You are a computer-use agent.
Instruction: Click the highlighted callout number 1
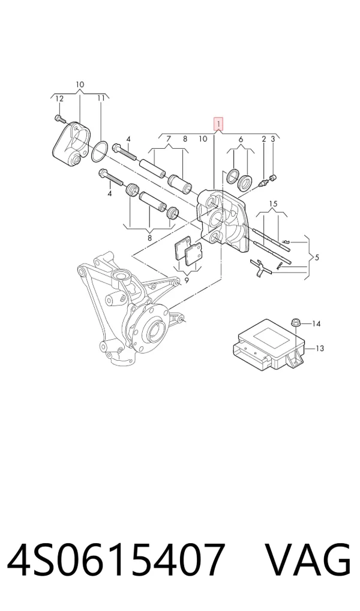218,124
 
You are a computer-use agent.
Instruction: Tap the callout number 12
59,99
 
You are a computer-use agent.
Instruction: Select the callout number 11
101,98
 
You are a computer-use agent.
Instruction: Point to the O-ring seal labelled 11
100,152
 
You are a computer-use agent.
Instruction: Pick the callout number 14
316,324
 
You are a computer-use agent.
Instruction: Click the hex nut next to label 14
295,323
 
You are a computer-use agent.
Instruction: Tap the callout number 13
319,348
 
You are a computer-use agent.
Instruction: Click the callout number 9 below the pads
187,280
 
